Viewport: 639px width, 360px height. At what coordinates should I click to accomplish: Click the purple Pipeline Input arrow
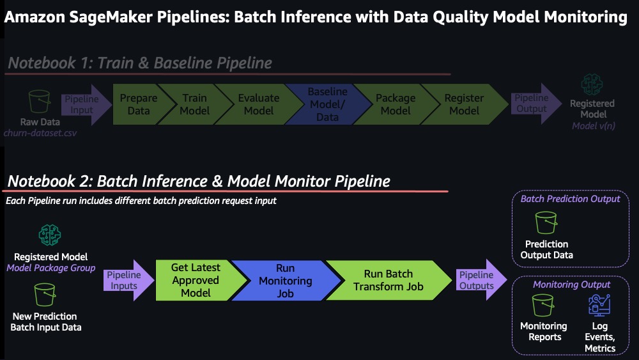pyautogui.click(x=86, y=104)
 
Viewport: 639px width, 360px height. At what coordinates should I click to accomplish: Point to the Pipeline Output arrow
pyautogui.click(x=535, y=104)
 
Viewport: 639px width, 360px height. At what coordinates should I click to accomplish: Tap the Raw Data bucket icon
pyautogui.click(x=40, y=102)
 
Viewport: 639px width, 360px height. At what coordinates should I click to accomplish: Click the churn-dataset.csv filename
pyautogui.click(x=40, y=133)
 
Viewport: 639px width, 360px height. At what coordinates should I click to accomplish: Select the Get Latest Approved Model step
pyautogui.click(x=196, y=281)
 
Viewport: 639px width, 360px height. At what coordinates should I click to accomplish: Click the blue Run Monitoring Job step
pyautogui.click(x=285, y=281)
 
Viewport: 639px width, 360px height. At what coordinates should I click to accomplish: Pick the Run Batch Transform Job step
pyautogui.click(x=388, y=281)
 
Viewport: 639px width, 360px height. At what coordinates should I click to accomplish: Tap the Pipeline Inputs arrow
pyautogui.click(x=128, y=281)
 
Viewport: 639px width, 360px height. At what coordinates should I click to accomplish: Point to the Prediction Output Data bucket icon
pyautogui.click(x=546, y=223)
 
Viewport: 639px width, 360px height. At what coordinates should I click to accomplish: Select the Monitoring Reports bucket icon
pyautogui.click(x=543, y=305)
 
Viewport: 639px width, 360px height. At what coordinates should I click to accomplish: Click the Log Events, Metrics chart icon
pyautogui.click(x=599, y=305)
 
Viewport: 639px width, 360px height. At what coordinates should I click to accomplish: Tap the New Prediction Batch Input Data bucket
pyautogui.click(x=45, y=294)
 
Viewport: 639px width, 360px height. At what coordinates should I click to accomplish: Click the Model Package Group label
pyautogui.click(x=51, y=268)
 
